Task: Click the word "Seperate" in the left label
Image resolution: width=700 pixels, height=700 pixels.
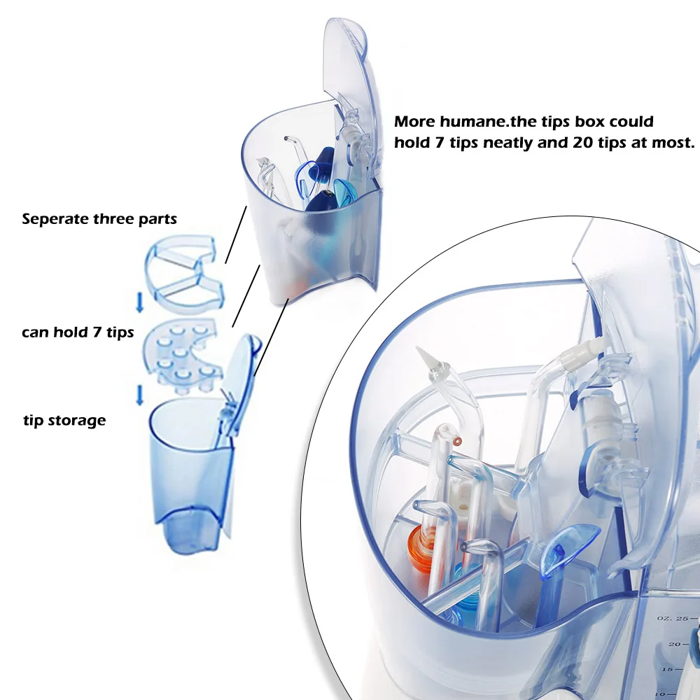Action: click(55, 219)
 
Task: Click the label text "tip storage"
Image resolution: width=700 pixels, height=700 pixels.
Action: click(64, 421)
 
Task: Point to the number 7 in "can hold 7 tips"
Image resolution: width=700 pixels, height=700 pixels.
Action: click(97, 332)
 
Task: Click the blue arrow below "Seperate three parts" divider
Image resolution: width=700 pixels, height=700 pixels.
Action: click(140, 302)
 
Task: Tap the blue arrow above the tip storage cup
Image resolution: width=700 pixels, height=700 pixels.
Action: click(140, 395)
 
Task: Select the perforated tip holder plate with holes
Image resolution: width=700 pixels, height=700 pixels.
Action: click(183, 356)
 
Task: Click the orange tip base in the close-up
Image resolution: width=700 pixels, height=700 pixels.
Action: click(421, 548)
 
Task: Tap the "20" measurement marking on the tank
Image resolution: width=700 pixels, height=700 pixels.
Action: click(675, 644)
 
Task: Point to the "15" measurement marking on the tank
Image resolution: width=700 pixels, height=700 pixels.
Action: click(668, 670)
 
